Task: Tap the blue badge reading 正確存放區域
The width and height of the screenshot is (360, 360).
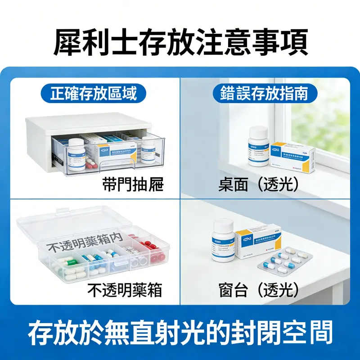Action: (x=94, y=94)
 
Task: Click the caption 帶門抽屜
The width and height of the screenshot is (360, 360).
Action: (x=133, y=185)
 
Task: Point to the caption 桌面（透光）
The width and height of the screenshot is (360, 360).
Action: (x=259, y=185)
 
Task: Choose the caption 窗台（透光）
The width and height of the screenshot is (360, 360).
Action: (x=259, y=290)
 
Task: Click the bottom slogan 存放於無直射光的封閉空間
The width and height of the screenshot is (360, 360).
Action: (x=180, y=333)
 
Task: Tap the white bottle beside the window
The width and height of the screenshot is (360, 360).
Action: (x=259, y=146)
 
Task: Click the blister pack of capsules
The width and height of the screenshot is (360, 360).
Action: (x=285, y=261)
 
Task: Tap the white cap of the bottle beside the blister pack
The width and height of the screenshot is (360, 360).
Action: (x=224, y=224)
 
